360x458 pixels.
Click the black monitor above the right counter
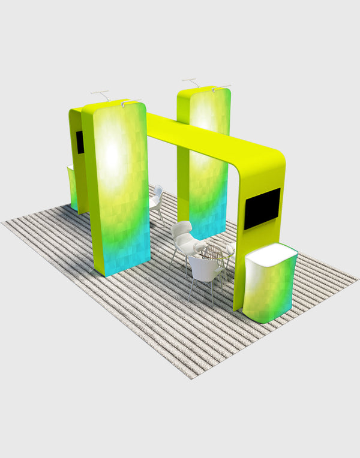click(x=262, y=207)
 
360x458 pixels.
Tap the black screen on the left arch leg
click(x=80, y=142)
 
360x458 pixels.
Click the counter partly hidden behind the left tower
click(x=73, y=186)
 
